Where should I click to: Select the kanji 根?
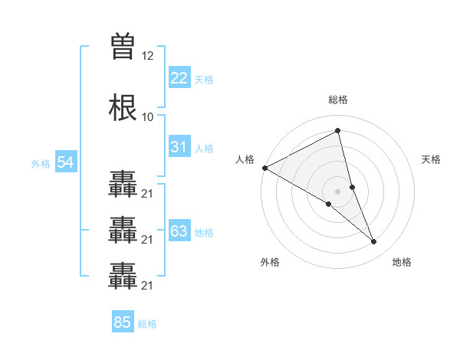tap(123, 108)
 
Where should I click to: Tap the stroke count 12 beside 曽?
tap(148, 56)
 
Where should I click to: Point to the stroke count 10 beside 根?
tap(148, 116)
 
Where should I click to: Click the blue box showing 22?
tap(179, 77)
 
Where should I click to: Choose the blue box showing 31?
tap(179, 147)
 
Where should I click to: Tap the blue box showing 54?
tap(66, 162)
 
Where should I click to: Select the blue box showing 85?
tap(123, 322)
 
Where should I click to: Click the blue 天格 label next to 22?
tap(204, 79)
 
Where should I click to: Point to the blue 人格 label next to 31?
tap(204, 149)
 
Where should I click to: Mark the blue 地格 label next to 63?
tap(204, 233)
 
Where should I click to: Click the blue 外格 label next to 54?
tap(41, 164)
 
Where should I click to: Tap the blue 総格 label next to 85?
tap(147, 324)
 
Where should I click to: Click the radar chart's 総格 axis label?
tap(338, 100)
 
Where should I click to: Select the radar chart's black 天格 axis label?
tap(432, 159)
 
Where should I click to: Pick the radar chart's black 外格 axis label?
tap(270, 262)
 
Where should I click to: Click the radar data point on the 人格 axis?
tap(264, 168)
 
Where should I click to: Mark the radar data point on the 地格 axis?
tap(374, 242)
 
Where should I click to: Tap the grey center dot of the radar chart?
tap(338, 191)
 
